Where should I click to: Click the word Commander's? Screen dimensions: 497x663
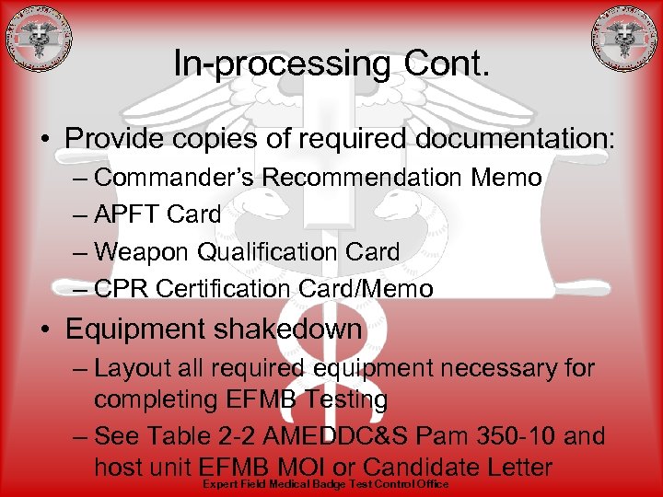pos(174,178)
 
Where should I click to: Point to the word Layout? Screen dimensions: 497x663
pos(133,369)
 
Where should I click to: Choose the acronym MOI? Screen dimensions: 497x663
pos(319,467)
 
